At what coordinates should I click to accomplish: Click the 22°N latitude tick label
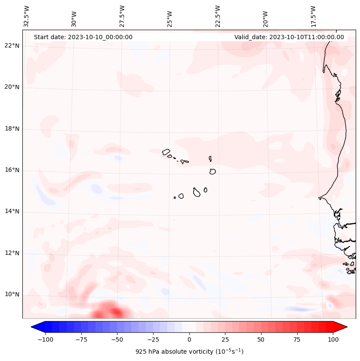click(x=12, y=46)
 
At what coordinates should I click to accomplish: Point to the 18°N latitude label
click(x=12, y=129)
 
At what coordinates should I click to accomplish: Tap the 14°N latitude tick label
click(x=12, y=211)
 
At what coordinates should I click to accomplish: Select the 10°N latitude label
click(x=12, y=294)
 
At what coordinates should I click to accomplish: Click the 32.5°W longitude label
click(x=27, y=16)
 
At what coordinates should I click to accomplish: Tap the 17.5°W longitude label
click(x=313, y=16)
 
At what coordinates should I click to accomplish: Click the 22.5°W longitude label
click(x=218, y=16)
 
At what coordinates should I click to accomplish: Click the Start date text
click(x=83, y=37)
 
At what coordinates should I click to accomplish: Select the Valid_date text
click(x=289, y=37)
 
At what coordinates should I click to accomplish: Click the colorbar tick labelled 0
click(x=189, y=339)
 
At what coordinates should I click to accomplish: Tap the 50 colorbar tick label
click(x=261, y=339)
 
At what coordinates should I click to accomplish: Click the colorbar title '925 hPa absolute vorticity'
click(x=189, y=352)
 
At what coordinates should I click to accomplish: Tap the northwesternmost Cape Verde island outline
click(x=166, y=151)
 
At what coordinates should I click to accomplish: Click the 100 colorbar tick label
click(x=333, y=339)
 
